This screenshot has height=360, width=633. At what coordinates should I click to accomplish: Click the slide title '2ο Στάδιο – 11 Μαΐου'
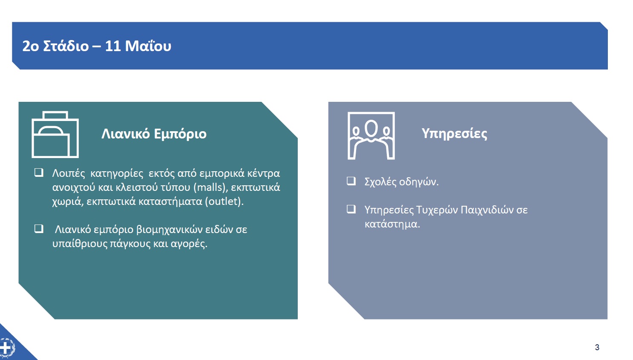[97, 46]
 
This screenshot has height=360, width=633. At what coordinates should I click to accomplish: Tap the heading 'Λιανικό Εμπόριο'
[154, 134]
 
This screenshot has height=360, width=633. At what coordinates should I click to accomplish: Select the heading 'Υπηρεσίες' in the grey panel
[455, 134]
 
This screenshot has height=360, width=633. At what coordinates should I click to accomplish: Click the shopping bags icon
[55, 135]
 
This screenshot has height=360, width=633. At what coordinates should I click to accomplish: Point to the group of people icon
[371, 135]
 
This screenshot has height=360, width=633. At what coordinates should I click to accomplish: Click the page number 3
[597, 347]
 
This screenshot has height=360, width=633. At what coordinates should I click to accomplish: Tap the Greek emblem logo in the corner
[6, 348]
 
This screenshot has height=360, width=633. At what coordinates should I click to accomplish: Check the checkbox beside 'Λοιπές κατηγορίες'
[39, 173]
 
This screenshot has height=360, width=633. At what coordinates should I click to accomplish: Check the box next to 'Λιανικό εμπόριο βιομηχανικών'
[39, 229]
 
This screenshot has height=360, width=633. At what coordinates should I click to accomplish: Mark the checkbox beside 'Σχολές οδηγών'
[351, 181]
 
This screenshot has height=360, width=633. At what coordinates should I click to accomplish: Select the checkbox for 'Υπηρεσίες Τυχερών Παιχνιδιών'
[351, 209]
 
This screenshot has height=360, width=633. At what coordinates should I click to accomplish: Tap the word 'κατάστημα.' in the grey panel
[392, 224]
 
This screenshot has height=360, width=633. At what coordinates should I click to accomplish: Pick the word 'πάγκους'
[130, 244]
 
